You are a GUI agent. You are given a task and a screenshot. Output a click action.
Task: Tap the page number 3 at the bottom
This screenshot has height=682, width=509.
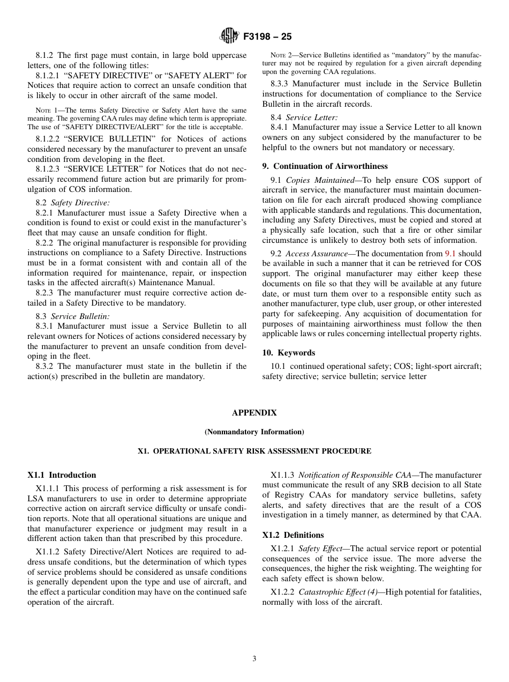click(x=254, y=658)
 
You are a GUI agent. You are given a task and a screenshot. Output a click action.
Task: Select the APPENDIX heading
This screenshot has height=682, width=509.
click(x=254, y=413)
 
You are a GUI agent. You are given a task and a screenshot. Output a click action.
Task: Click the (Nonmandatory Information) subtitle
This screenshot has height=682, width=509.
click(x=254, y=432)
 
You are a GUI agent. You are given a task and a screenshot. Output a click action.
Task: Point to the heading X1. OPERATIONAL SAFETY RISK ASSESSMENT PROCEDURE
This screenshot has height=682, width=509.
click(x=254, y=451)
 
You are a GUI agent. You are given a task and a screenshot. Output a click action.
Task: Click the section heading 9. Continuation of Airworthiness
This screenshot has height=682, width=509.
click(x=325, y=166)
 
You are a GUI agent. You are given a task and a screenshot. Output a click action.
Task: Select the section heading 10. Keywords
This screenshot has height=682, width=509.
click(x=288, y=353)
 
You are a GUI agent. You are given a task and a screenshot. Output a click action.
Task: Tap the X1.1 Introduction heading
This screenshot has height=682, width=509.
click(x=62, y=475)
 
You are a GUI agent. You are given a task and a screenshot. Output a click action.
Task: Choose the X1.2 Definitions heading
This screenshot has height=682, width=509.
click(x=293, y=535)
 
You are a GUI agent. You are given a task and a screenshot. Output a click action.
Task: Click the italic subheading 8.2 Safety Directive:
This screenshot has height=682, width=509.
click(x=72, y=203)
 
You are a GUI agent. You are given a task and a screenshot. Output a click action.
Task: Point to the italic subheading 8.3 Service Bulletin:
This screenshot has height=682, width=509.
click(x=72, y=316)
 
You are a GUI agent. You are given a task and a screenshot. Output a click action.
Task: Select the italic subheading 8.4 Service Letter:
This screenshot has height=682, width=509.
click(x=304, y=117)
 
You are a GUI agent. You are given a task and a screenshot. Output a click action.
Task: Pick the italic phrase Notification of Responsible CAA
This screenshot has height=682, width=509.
click(x=356, y=475)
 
